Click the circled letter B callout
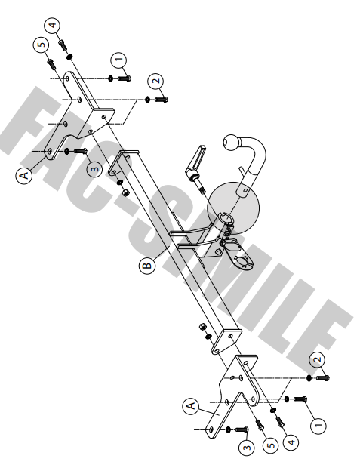pyautogui.click(x=147, y=265)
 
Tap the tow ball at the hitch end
pyautogui.click(x=230, y=142)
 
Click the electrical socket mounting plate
pyautogui.click(x=241, y=256)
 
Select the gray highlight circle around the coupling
pyautogui.click(x=233, y=208)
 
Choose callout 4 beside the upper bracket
pyautogui.click(x=53, y=25)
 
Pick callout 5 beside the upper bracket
pyautogui.click(x=42, y=45)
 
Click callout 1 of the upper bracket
pyautogui.click(x=118, y=60)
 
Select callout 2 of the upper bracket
pyautogui.click(x=155, y=82)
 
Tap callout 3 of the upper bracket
pyautogui.click(x=94, y=169)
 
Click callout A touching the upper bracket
pyautogui.click(x=24, y=175)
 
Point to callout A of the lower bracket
pyautogui.click(x=191, y=406)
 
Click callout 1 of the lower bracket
pyautogui.click(x=318, y=426)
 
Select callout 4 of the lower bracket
pyautogui.click(x=291, y=442)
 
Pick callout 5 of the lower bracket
pyautogui.click(x=271, y=445)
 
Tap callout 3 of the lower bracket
pyautogui.click(x=247, y=448)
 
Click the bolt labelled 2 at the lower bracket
pyautogui.click(x=322, y=377)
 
